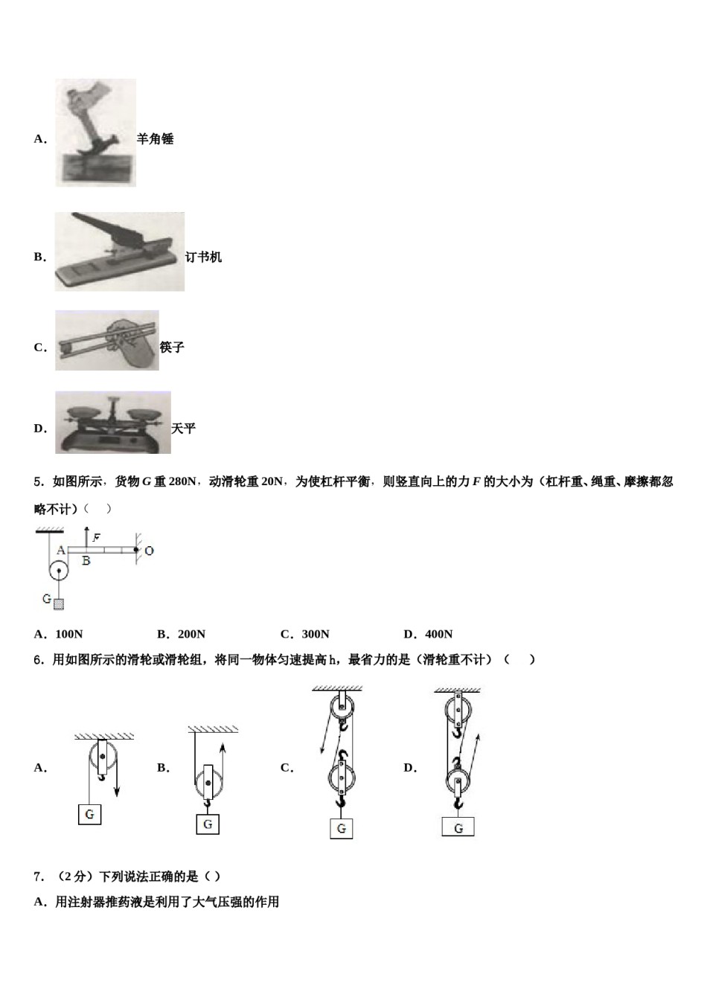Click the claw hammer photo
click(x=95, y=132)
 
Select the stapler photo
click(x=119, y=251)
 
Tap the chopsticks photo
click(x=106, y=341)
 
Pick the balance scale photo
click(x=112, y=423)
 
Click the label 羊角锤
click(x=155, y=138)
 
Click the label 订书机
click(x=203, y=257)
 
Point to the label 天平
click(x=183, y=429)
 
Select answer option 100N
click(x=60, y=634)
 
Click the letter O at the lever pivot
click(x=149, y=551)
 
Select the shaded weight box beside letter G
click(x=59, y=603)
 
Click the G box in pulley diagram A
click(x=89, y=814)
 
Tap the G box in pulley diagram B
click(x=208, y=824)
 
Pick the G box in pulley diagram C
click(x=342, y=828)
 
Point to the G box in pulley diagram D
click(x=458, y=827)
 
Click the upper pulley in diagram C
click(x=342, y=708)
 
